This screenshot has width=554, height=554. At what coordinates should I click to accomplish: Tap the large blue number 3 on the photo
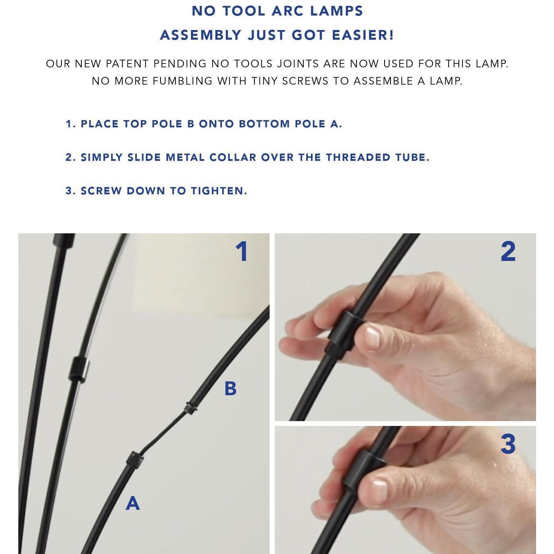coord(508,444)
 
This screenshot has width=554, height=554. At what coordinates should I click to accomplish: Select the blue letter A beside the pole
coord(133,503)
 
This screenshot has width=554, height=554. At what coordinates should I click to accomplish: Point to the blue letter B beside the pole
coord(230,388)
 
